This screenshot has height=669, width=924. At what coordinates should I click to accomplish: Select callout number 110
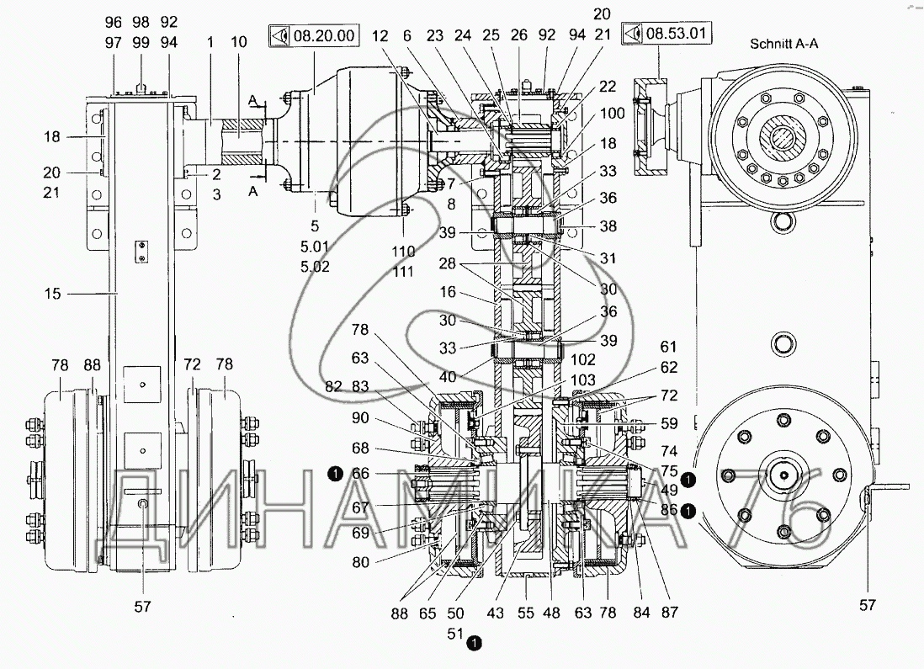pyautogui.click(x=404, y=251)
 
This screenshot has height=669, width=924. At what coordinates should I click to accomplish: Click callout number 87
pyautogui.click(x=670, y=613)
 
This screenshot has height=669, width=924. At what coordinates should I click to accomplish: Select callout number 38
pyautogui.click(x=608, y=226)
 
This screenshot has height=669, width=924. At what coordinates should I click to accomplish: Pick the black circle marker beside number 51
pyautogui.click(x=475, y=643)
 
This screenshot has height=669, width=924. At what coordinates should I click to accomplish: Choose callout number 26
pyautogui.click(x=518, y=35)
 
